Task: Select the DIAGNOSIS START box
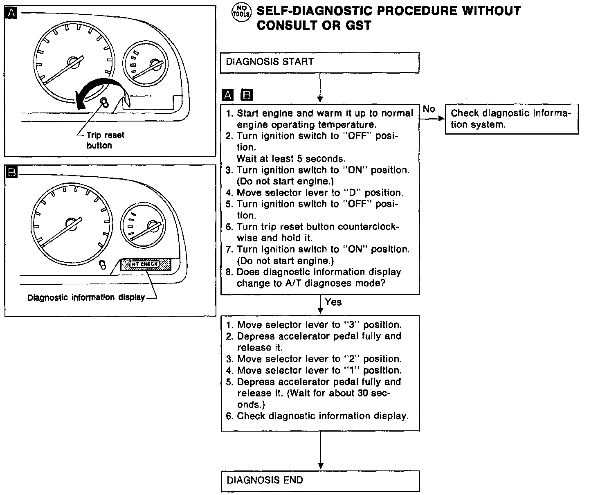point(319,63)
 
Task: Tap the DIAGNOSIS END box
point(320,481)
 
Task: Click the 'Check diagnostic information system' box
point(511,119)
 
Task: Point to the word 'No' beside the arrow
point(429,109)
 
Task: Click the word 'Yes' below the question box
point(333,302)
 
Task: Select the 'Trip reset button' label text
point(105,140)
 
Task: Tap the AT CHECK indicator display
point(145,264)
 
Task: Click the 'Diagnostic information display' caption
point(86,297)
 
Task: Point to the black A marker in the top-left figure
point(12,13)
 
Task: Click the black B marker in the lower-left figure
point(12,173)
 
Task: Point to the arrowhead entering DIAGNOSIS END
point(320,466)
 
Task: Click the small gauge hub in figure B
point(154,226)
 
